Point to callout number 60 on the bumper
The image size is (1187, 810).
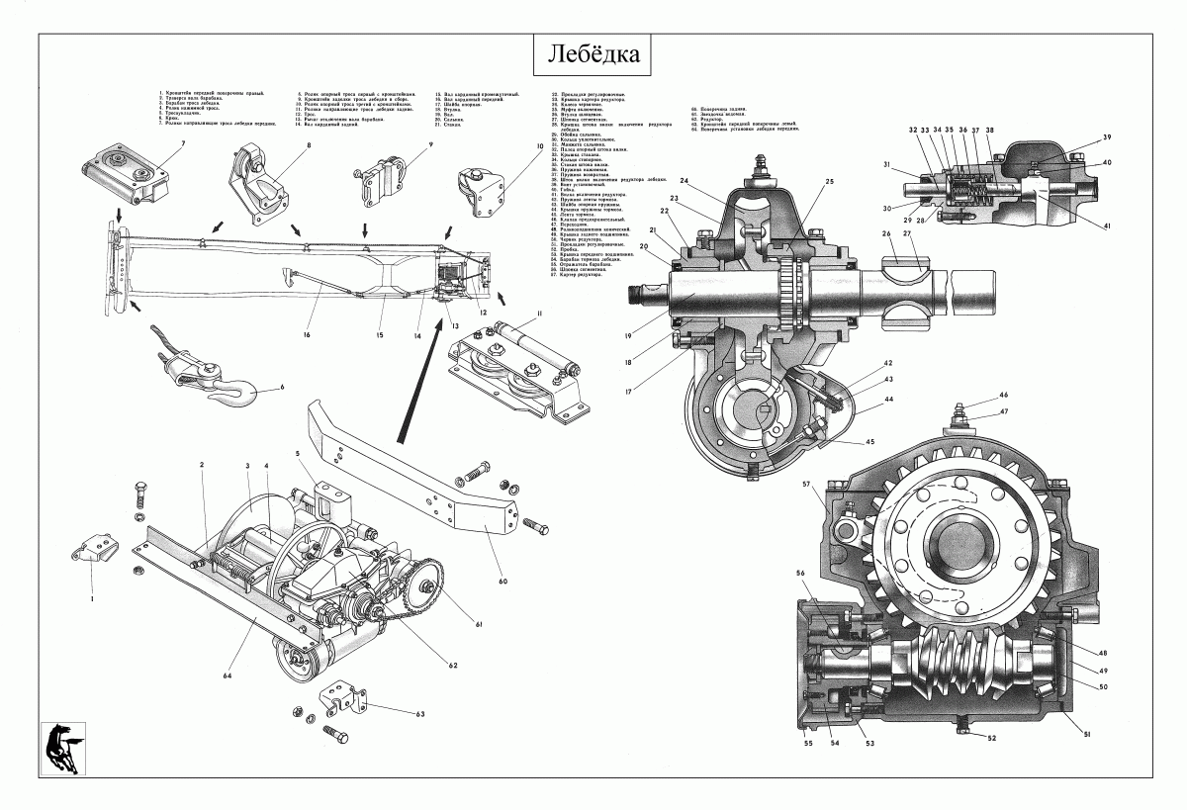(x=502, y=581)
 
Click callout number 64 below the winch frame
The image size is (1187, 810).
(x=227, y=675)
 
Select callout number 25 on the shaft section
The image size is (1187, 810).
(x=829, y=182)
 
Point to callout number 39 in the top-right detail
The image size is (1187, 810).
(x=1107, y=136)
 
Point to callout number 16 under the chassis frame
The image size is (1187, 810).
(x=308, y=336)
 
